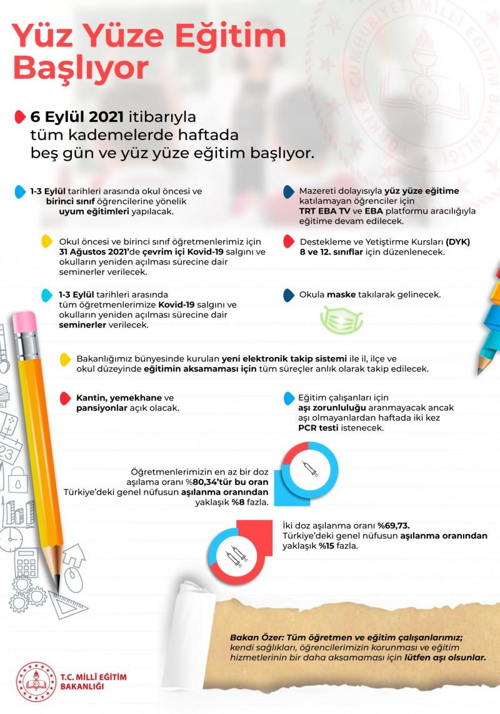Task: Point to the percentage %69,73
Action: coord(393,525)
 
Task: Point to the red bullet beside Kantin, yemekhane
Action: coord(64,398)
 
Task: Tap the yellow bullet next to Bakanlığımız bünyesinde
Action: coord(64,359)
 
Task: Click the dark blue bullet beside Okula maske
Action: coord(289,294)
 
